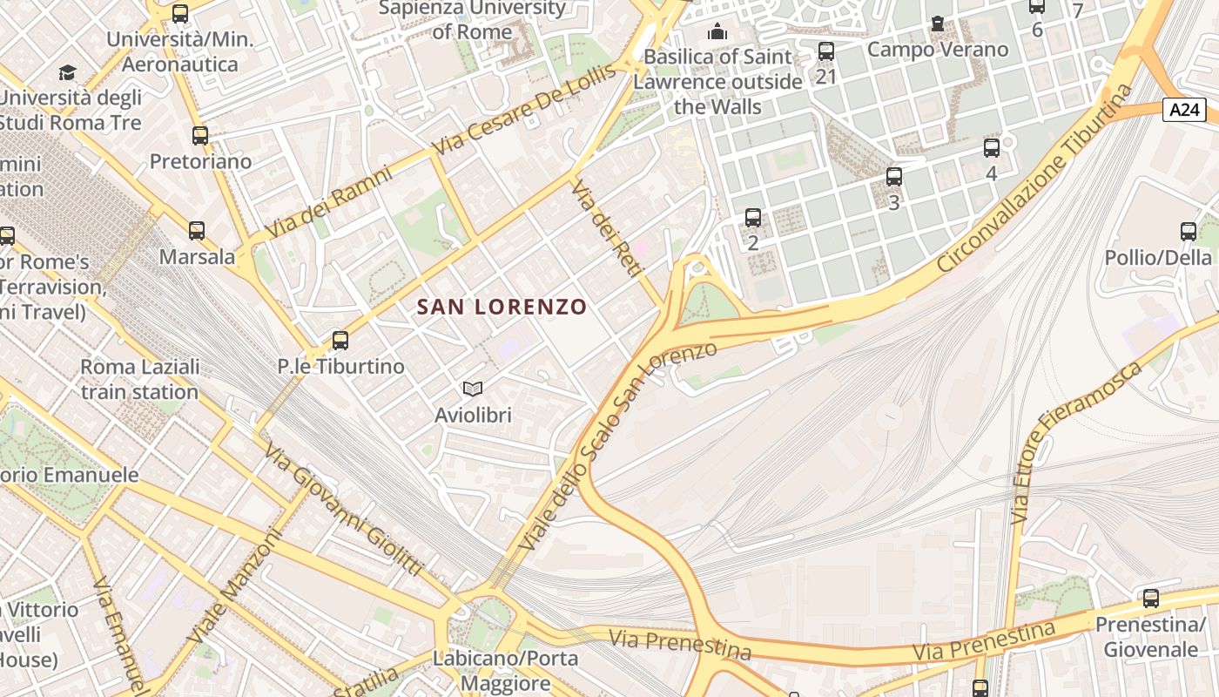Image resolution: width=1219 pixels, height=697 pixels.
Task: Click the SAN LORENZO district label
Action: click(x=502, y=307)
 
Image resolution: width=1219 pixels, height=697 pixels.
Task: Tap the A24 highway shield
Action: click(x=1184, y=110)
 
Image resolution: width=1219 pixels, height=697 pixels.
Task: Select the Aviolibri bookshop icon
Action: click(x=473, y=389)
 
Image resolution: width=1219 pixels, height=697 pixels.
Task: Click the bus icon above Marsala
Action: click(x=197, y=231)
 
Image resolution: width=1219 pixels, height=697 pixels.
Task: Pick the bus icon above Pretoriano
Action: click(x=200, y=135)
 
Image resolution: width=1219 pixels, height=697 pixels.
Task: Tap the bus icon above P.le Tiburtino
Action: click(x=340, y=340)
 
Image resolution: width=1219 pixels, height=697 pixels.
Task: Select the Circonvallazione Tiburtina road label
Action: click(x=1036, y=179)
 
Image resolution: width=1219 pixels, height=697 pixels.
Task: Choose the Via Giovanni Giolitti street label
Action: click(x=343, y=510)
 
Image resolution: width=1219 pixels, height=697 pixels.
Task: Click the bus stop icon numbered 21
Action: click(x=826, y=51)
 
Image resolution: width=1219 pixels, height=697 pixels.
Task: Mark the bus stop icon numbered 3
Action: click(x=893, y=177)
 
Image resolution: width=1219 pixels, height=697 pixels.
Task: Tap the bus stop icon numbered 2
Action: click(x=753, y=217)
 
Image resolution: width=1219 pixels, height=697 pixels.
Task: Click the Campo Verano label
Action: click(x=937, y=49)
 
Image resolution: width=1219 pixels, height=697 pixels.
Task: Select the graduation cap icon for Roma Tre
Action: click(x=67, y=72)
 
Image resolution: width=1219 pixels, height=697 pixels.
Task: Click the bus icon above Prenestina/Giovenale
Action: click(x=1150, y=599)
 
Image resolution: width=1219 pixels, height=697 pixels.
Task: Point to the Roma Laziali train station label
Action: click(x=139, y=379)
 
